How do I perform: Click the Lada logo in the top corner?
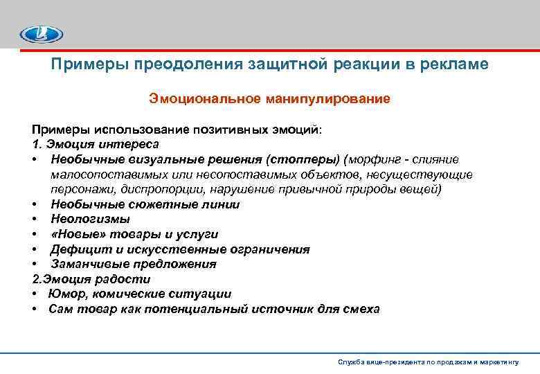point(41,33)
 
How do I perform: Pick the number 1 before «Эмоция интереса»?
point(35,144)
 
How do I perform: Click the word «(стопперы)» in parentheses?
point(307,159)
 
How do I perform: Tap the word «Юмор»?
point(66,294)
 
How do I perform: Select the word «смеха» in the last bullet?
point(362,309)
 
